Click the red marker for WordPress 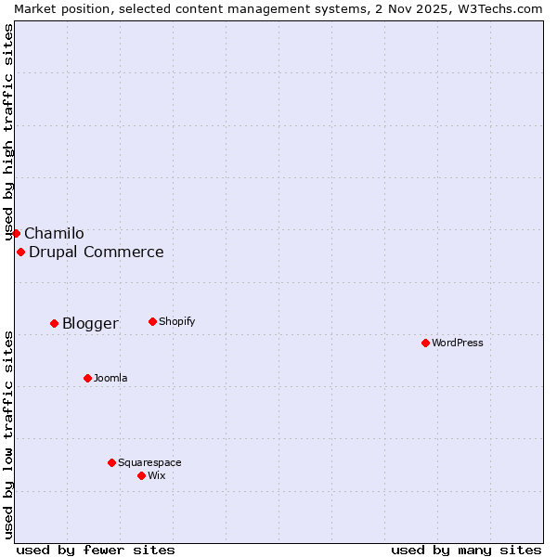coord(425,343)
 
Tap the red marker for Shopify coord(152,321)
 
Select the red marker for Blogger coord(54,323)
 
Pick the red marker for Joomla coord(87,378)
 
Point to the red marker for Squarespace coord(111,462)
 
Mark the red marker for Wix coord(141,475)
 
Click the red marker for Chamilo coord(16,233)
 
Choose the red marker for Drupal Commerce coord(20,252)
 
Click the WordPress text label coord(458,343)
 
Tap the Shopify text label coord(176,321)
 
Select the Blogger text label coord(90,323)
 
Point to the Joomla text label coord(110,378)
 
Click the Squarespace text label coord(149,462)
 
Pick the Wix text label coord(156,475)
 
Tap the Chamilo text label coord(54,233)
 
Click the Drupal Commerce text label coord(97,252)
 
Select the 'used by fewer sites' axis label coord(96,550)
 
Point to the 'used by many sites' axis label coord(466,550)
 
